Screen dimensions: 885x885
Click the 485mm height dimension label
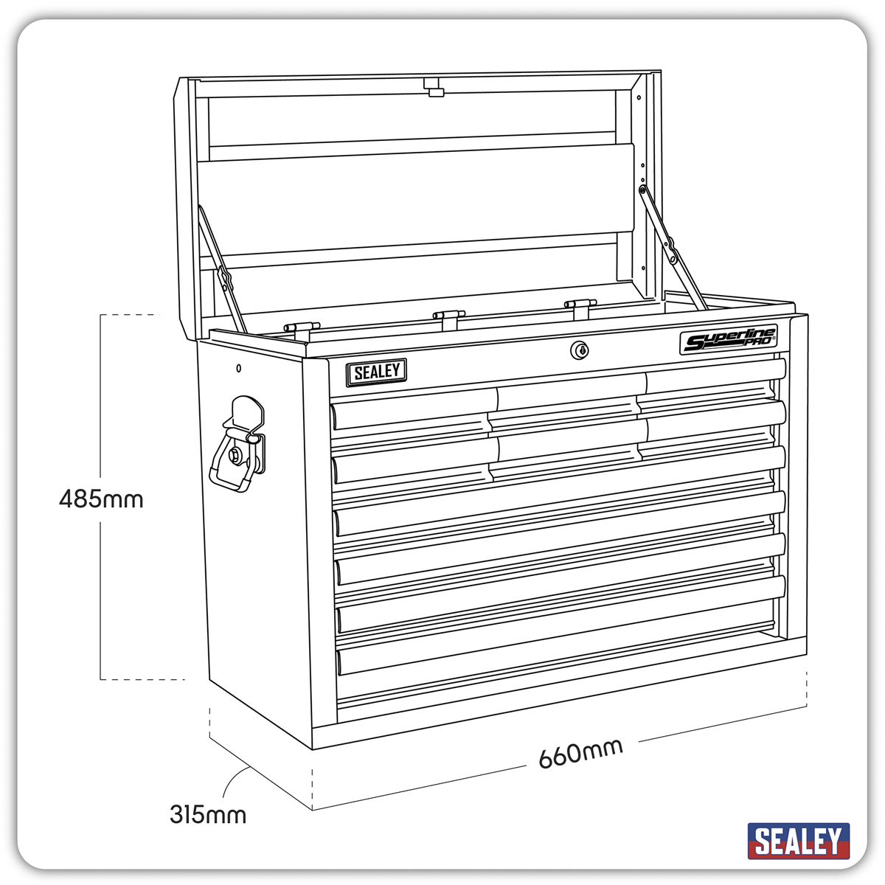coord(101,499)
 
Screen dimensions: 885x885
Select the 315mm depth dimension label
coord(208,815)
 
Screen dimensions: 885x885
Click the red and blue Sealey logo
coord(798,841)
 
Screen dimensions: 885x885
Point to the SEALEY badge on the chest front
coord(377,372)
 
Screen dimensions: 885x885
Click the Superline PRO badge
coord(728,341)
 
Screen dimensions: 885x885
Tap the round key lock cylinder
coord(580,350)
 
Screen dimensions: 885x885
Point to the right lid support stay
coord(673,247)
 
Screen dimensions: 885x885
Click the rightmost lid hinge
coord(580,305)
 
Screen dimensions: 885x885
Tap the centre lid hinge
coord(448,316)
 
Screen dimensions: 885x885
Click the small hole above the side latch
coord(238,368)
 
